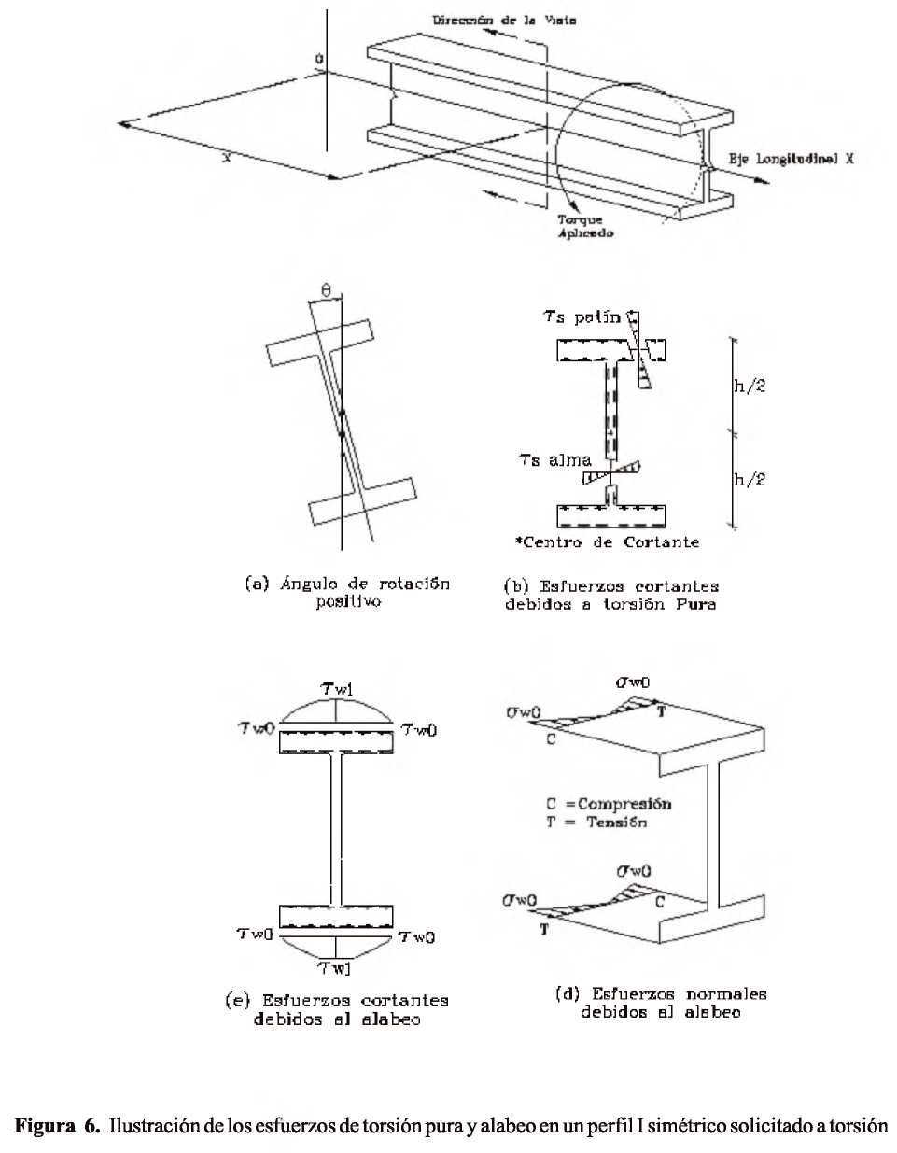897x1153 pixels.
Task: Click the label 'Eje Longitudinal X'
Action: click(x=791, y=160)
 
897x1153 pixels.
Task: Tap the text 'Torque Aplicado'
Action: click(x=585, y=227)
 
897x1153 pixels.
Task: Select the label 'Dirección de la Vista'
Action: click(x=503, y=20)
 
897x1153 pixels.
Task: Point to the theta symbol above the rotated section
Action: click(x=326, y=291)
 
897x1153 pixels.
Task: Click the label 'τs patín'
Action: click(x=582, y=317)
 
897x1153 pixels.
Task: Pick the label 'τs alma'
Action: click(x=555, y=459)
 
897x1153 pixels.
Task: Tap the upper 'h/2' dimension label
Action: click(x=750, y=386)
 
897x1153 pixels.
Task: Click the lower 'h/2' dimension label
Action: click(x=750, y=479)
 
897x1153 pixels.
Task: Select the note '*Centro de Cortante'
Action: click(x=607, y=542)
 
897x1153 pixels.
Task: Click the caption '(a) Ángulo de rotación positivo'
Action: click(x=347, y=593)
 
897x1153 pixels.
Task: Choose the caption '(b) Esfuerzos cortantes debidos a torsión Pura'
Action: click(x=611, y=596)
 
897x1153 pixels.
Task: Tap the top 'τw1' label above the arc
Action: click(x=337, y=690)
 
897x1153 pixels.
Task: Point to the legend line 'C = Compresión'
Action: click(x=609, y=804)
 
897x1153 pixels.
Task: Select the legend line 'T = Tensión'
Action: click(x=596, y=823)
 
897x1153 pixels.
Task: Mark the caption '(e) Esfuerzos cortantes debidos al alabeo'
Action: click(x=337, y=1010)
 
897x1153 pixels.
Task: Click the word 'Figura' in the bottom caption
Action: click(x=44, y=1126)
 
